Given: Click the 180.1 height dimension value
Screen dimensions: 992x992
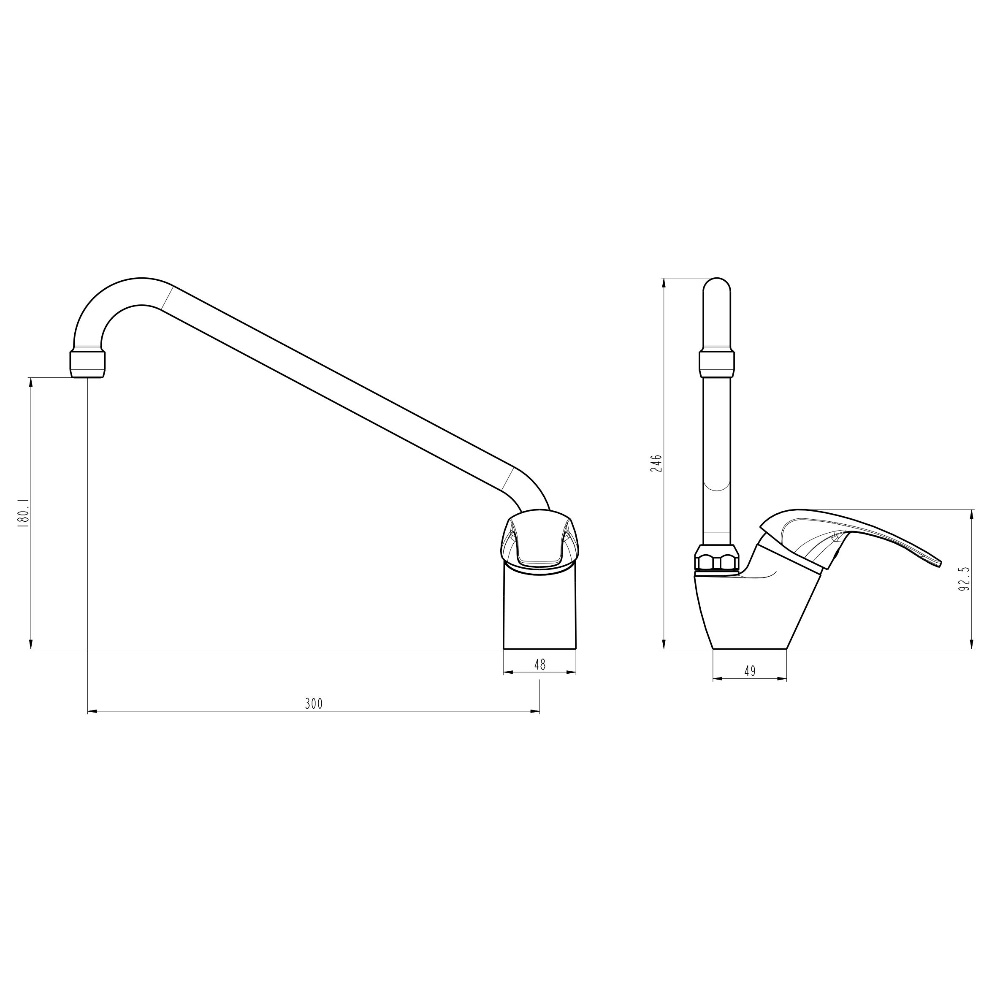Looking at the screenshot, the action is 24,513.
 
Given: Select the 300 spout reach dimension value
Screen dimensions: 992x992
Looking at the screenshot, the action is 314,703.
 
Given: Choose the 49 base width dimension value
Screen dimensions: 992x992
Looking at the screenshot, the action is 750,671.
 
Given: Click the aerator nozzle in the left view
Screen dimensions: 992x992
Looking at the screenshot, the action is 87,365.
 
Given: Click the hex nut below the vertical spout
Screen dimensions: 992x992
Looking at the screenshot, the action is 716,558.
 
